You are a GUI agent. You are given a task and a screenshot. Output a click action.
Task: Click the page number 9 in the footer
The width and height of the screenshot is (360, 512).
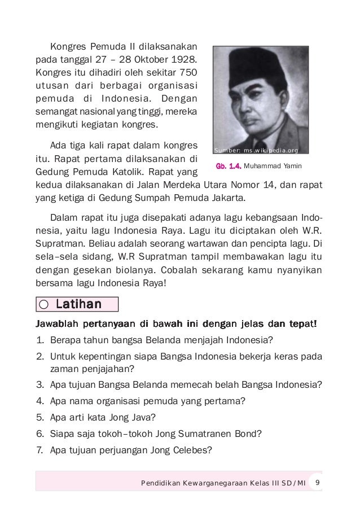click(x=318, y=483)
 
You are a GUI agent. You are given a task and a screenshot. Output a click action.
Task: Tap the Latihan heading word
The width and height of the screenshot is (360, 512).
click(x=78, y=305)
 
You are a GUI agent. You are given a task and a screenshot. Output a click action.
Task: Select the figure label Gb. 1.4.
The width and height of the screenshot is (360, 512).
click(x=228, y=166)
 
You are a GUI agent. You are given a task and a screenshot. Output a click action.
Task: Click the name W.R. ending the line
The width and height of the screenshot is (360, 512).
click(x=311, y=233)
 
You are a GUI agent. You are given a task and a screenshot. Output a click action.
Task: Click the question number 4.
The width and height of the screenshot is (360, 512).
click(x=39, y=402)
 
